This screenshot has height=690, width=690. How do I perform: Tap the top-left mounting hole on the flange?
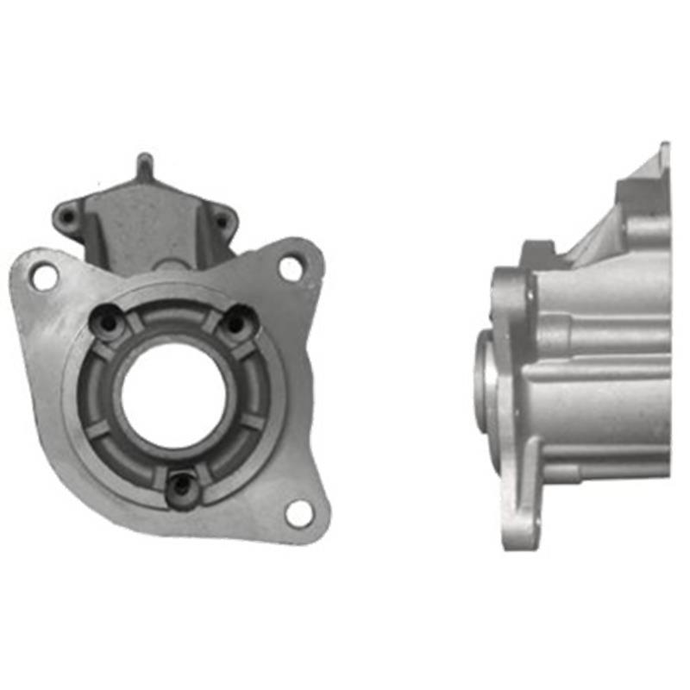[x=42, y=276]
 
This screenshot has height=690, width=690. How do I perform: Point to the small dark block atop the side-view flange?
[x=536, y=253]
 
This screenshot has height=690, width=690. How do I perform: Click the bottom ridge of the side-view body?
[x=604, y=470]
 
